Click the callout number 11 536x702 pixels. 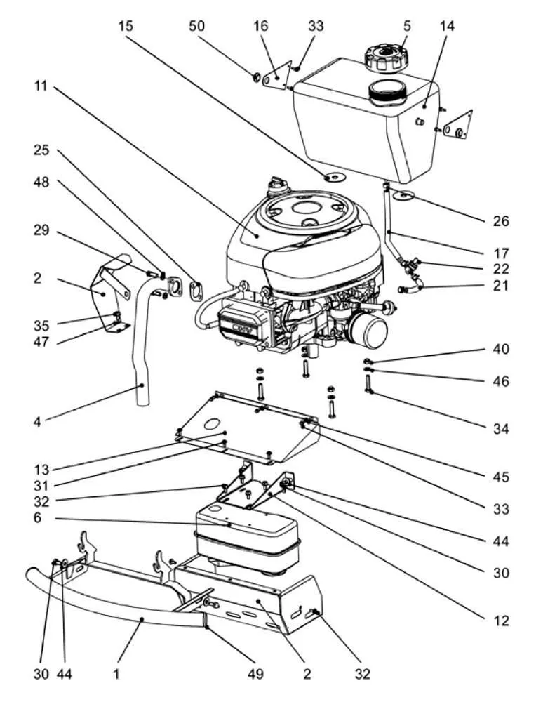point(40,87)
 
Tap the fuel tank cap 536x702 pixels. point(385,55)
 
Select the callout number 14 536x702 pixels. point(447,26)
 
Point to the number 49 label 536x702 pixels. point(255,675)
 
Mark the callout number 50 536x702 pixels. point(198,26)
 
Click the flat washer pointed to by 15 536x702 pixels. point(334,175)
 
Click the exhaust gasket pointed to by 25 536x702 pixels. point(196,289)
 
